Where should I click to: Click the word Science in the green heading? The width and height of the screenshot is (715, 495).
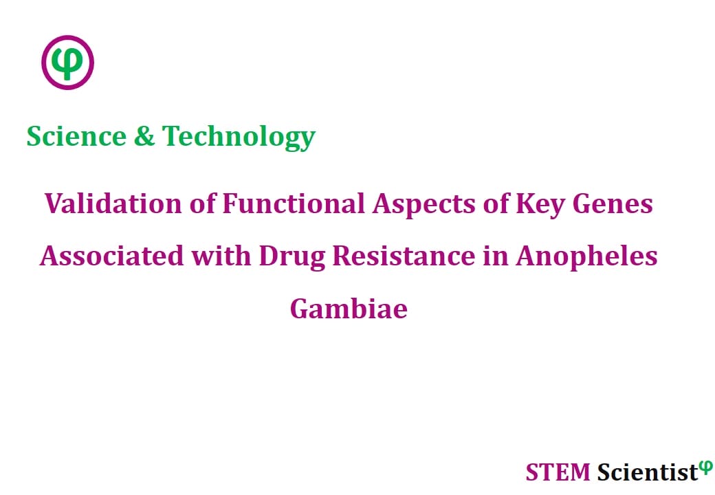click(76, 136)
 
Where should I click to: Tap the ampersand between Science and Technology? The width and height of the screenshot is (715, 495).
click(144, 136)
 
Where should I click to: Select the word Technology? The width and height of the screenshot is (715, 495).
click(239, 137)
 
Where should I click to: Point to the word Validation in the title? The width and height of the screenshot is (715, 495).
click(113, 203)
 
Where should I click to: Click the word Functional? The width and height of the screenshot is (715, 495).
click(294, 203)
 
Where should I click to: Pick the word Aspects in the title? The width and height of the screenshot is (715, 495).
click(424, 205)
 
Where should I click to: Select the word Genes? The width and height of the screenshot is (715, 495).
click(613, 203)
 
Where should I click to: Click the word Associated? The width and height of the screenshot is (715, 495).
click(111, 256)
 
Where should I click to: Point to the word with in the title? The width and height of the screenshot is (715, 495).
click(221, 256)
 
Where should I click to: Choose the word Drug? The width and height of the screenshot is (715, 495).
click(292, 257)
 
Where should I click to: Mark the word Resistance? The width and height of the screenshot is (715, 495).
click(404, 256)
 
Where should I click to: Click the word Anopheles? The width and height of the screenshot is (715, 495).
click(587, 257)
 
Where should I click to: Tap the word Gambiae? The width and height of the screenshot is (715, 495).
click(349, 309)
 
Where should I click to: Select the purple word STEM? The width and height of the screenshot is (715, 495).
click(558, 472)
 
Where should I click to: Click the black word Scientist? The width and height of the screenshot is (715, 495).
click(648, 472)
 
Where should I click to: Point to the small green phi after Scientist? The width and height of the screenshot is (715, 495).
click(705, 467)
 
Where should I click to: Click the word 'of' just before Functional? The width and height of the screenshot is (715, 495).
click(202, 203)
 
